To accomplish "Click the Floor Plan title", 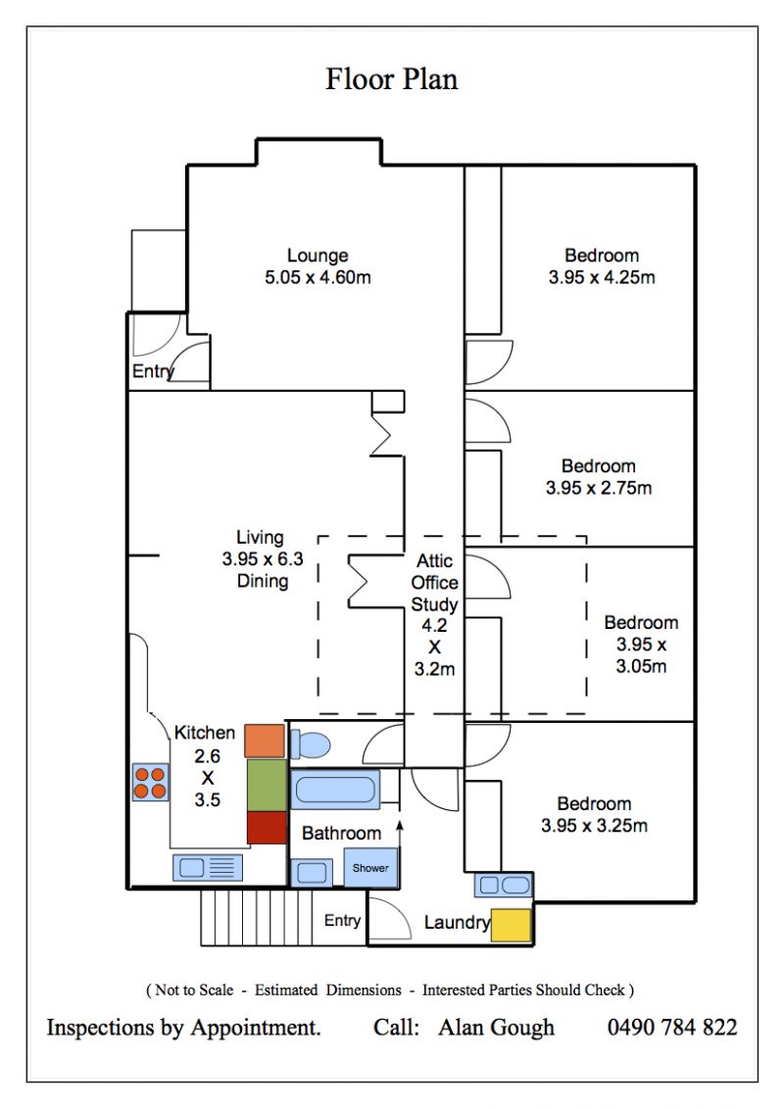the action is coord(391,78).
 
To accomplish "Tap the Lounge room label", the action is coord(318,256).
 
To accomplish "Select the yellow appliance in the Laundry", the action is coord(511,926).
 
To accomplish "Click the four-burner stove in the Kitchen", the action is coord(150,782).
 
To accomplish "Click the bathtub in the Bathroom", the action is coord(335,790).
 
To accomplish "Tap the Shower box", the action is coord(370,867).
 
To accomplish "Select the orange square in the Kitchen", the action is coord(265,741).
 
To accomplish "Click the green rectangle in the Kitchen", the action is coord(267,785).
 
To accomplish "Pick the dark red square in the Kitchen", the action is coord(267,828).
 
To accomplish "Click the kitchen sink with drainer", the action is coord(208,868).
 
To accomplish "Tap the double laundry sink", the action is coord(503,885).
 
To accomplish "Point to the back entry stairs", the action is coord(256,917).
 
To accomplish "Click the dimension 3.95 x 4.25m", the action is coord(602,277).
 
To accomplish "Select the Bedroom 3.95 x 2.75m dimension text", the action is coord(599,488).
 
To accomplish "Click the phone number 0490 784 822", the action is coord(672,1027).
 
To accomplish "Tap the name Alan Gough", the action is coord(497,1028).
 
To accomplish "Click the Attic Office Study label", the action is coord(434,583).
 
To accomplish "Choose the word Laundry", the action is coord(457,923).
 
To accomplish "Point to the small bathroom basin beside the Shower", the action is coord(312,873).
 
